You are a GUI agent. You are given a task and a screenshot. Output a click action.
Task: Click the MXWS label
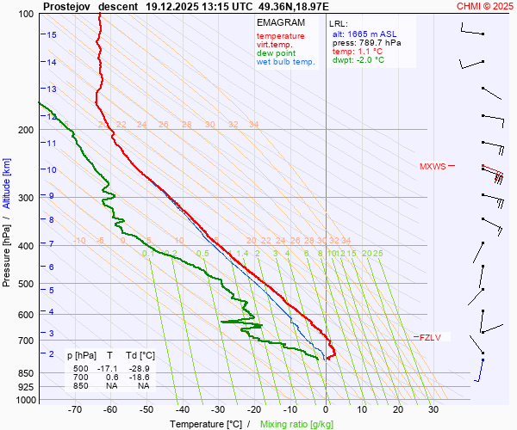click(433, 166)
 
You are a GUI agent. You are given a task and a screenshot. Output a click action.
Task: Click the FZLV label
click(429, 337)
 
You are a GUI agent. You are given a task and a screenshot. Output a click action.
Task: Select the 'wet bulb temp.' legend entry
click(286, 61)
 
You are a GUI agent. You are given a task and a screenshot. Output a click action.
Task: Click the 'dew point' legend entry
click(276, 52)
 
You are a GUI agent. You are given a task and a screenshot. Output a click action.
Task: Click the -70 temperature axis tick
click(74, 410)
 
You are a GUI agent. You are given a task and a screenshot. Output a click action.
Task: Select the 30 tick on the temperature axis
click(433, 410)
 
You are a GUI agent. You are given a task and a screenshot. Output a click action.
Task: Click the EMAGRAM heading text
click(280, 22)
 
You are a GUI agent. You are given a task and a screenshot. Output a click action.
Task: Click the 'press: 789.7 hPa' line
click(367, 42)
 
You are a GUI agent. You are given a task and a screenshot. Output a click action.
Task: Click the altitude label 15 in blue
click(52, 35)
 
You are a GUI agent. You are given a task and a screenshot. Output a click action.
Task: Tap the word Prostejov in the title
click(67, 6)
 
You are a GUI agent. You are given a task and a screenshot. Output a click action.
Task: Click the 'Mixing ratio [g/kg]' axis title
click(297, 424)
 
